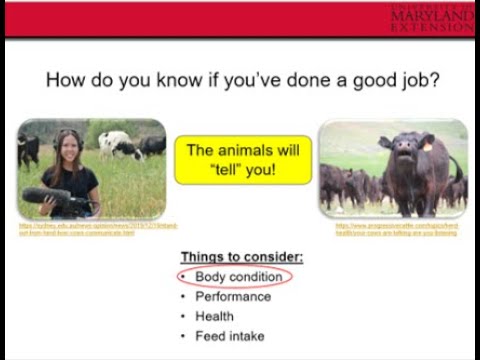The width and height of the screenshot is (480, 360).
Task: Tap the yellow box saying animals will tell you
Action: (x=243, y=160)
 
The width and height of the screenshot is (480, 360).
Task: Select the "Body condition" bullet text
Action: (x=238, y=277)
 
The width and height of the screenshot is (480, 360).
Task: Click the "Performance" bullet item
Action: (x=232, y=297)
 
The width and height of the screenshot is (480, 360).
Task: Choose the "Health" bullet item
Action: (x=214, y=316)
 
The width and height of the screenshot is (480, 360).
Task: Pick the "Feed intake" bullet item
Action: (x=229, y=336)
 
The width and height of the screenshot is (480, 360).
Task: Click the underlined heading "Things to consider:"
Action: (x=242, y=257)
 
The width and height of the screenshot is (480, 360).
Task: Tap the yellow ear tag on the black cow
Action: (x=425, y=145)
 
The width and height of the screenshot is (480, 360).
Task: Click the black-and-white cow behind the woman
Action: (x=120, y=145)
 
